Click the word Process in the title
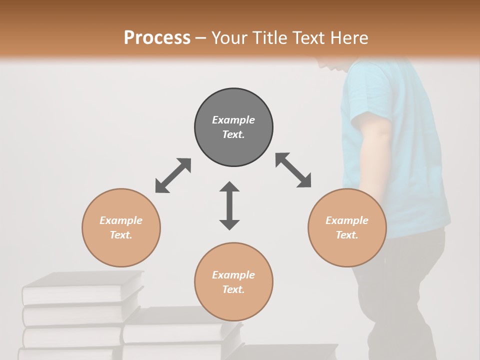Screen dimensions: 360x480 click(157, 37)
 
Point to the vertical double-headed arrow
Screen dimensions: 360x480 click(229, 205)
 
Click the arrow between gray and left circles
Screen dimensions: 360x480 click(173, 175)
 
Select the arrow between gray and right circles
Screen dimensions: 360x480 click(293, 170)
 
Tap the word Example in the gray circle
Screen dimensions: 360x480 click(233, 120)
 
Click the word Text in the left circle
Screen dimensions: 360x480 click(120, 235)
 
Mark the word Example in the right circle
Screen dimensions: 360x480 click(347, 220)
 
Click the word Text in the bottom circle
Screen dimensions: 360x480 click(233, 289)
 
